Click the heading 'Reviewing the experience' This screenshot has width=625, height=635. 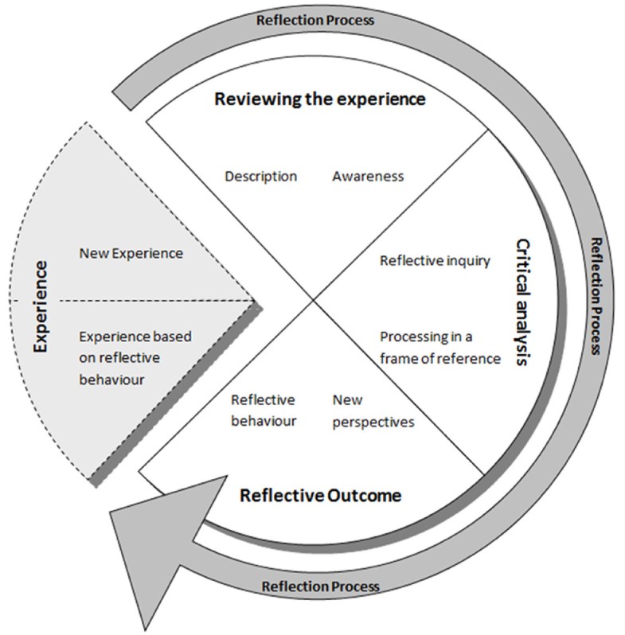point(319,99)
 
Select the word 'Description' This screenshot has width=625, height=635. point(260,176)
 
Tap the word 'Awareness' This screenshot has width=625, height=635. point(367,176)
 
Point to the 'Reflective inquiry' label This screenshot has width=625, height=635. point(434,260)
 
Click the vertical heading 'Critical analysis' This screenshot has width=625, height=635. point(522,302)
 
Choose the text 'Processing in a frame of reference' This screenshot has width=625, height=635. point(439,347)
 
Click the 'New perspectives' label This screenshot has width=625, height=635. point(373,410)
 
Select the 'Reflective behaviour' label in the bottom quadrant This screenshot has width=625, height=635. point(263,410)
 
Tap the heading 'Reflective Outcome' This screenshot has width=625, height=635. point(320,496)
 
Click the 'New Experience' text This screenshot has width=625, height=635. point(131,253)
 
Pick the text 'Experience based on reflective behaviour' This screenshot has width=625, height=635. point(135,357)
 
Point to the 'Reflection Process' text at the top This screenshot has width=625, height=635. point(314,20)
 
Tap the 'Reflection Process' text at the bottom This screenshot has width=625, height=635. point(321,586)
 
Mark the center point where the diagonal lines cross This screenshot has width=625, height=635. point(312,302)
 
